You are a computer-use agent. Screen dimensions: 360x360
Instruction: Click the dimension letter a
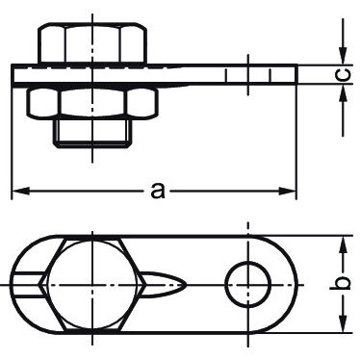click(x=158, y=191)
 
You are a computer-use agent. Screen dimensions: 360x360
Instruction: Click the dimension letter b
click(x=341, y=284)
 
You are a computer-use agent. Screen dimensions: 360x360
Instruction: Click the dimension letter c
click(x=343, y=75)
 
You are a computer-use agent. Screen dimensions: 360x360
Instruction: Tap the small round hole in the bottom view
click(x=247, y=284)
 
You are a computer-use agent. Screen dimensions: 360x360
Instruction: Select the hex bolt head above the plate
click(x=92, y=43)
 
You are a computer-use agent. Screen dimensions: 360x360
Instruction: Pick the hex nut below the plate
click(x=92, y=103)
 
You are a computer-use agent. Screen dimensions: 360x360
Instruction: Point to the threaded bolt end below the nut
click(x=92, y=134)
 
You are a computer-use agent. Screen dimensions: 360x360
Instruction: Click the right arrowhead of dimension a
click(x=287, y=192)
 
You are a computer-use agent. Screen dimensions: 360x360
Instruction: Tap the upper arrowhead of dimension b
click(x=343, y=244)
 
